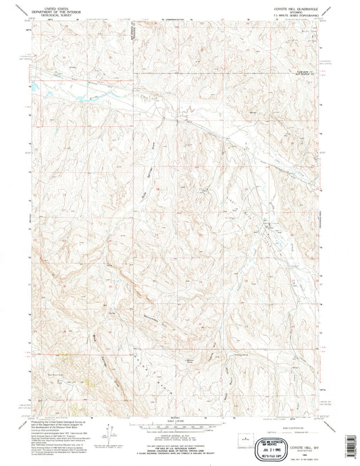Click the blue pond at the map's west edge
point(31,87)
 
